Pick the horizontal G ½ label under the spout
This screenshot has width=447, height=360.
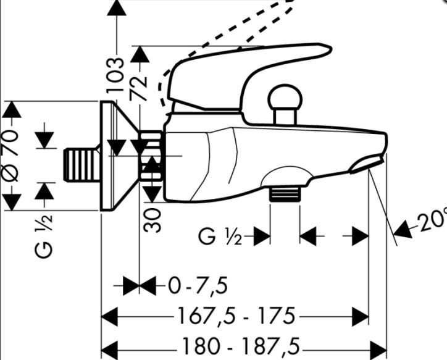[220, 236]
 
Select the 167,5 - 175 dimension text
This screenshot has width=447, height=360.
[235, 317]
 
